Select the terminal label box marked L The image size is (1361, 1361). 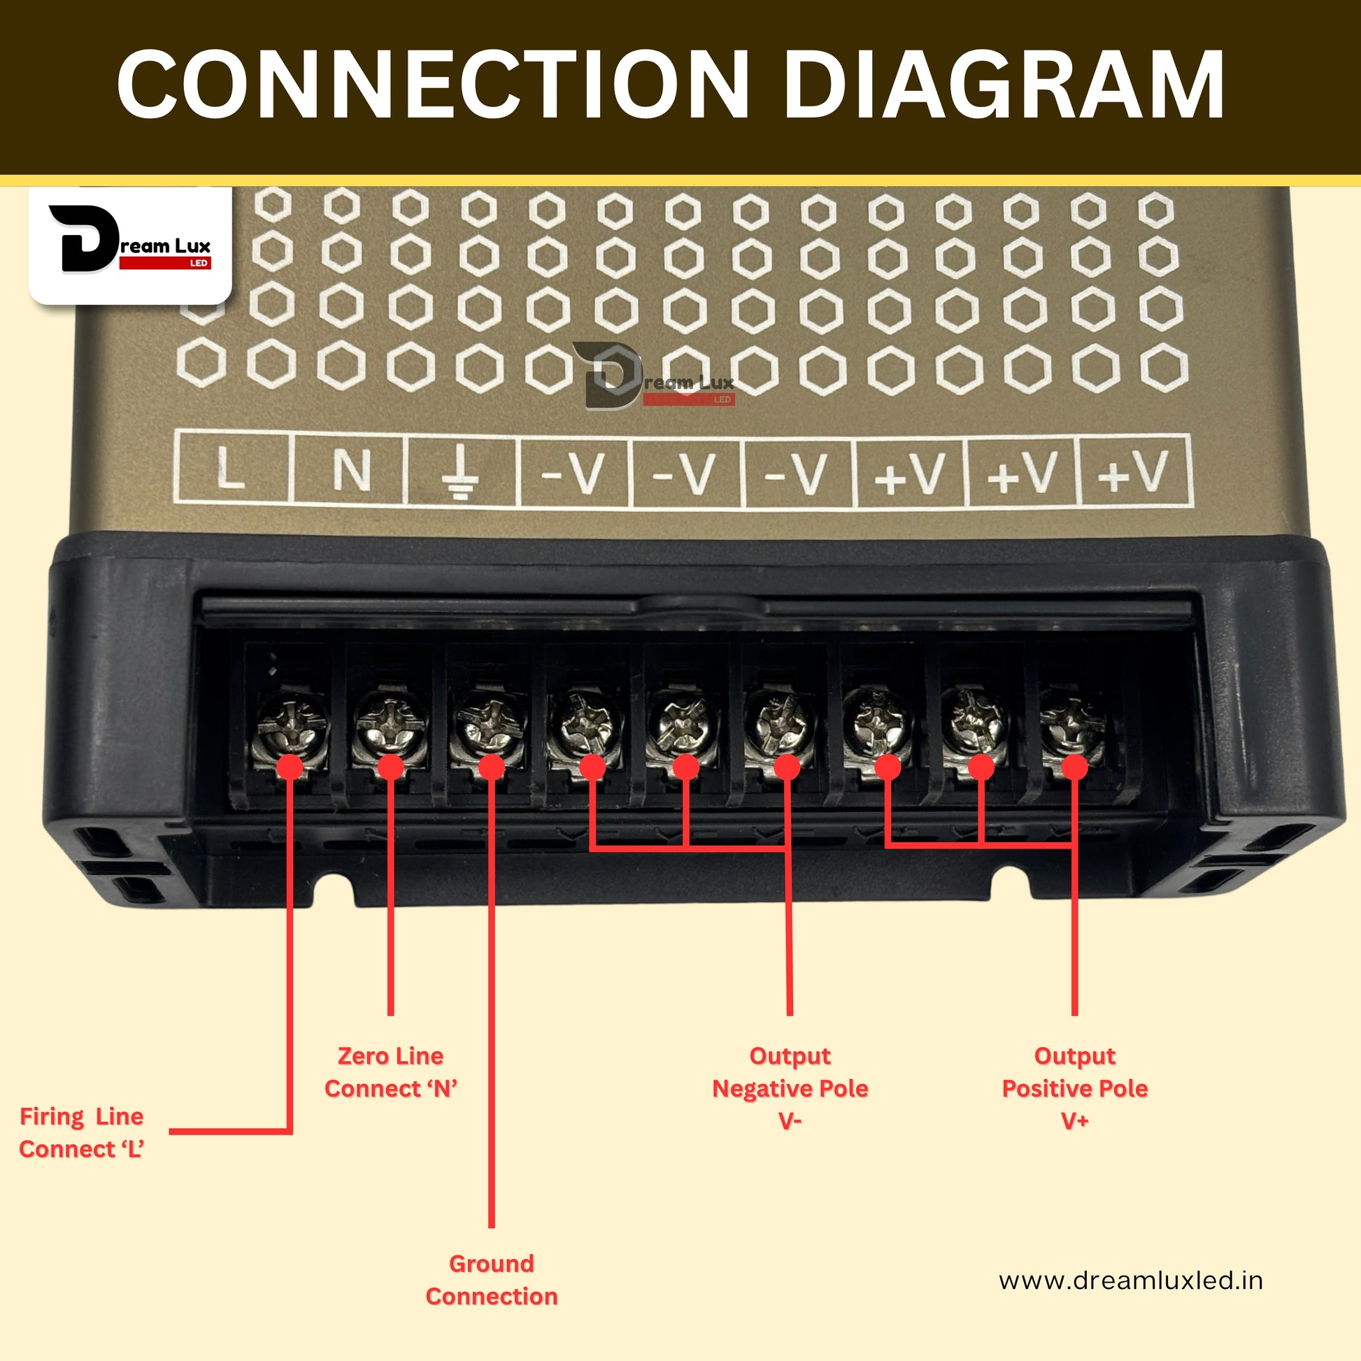coord(231,469)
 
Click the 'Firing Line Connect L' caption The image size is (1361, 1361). coord(82,1133)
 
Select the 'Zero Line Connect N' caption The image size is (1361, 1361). coord(391,1072)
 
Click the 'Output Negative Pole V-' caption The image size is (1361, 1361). coord(790,1088)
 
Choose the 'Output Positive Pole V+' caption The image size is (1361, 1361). coord(1074,1088)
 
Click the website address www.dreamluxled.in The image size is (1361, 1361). coord(1131,1280)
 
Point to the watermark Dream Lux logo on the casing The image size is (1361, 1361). coord(654,377)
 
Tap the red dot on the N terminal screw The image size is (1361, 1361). coord(391,767)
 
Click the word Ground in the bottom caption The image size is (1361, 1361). coord(492,1264)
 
